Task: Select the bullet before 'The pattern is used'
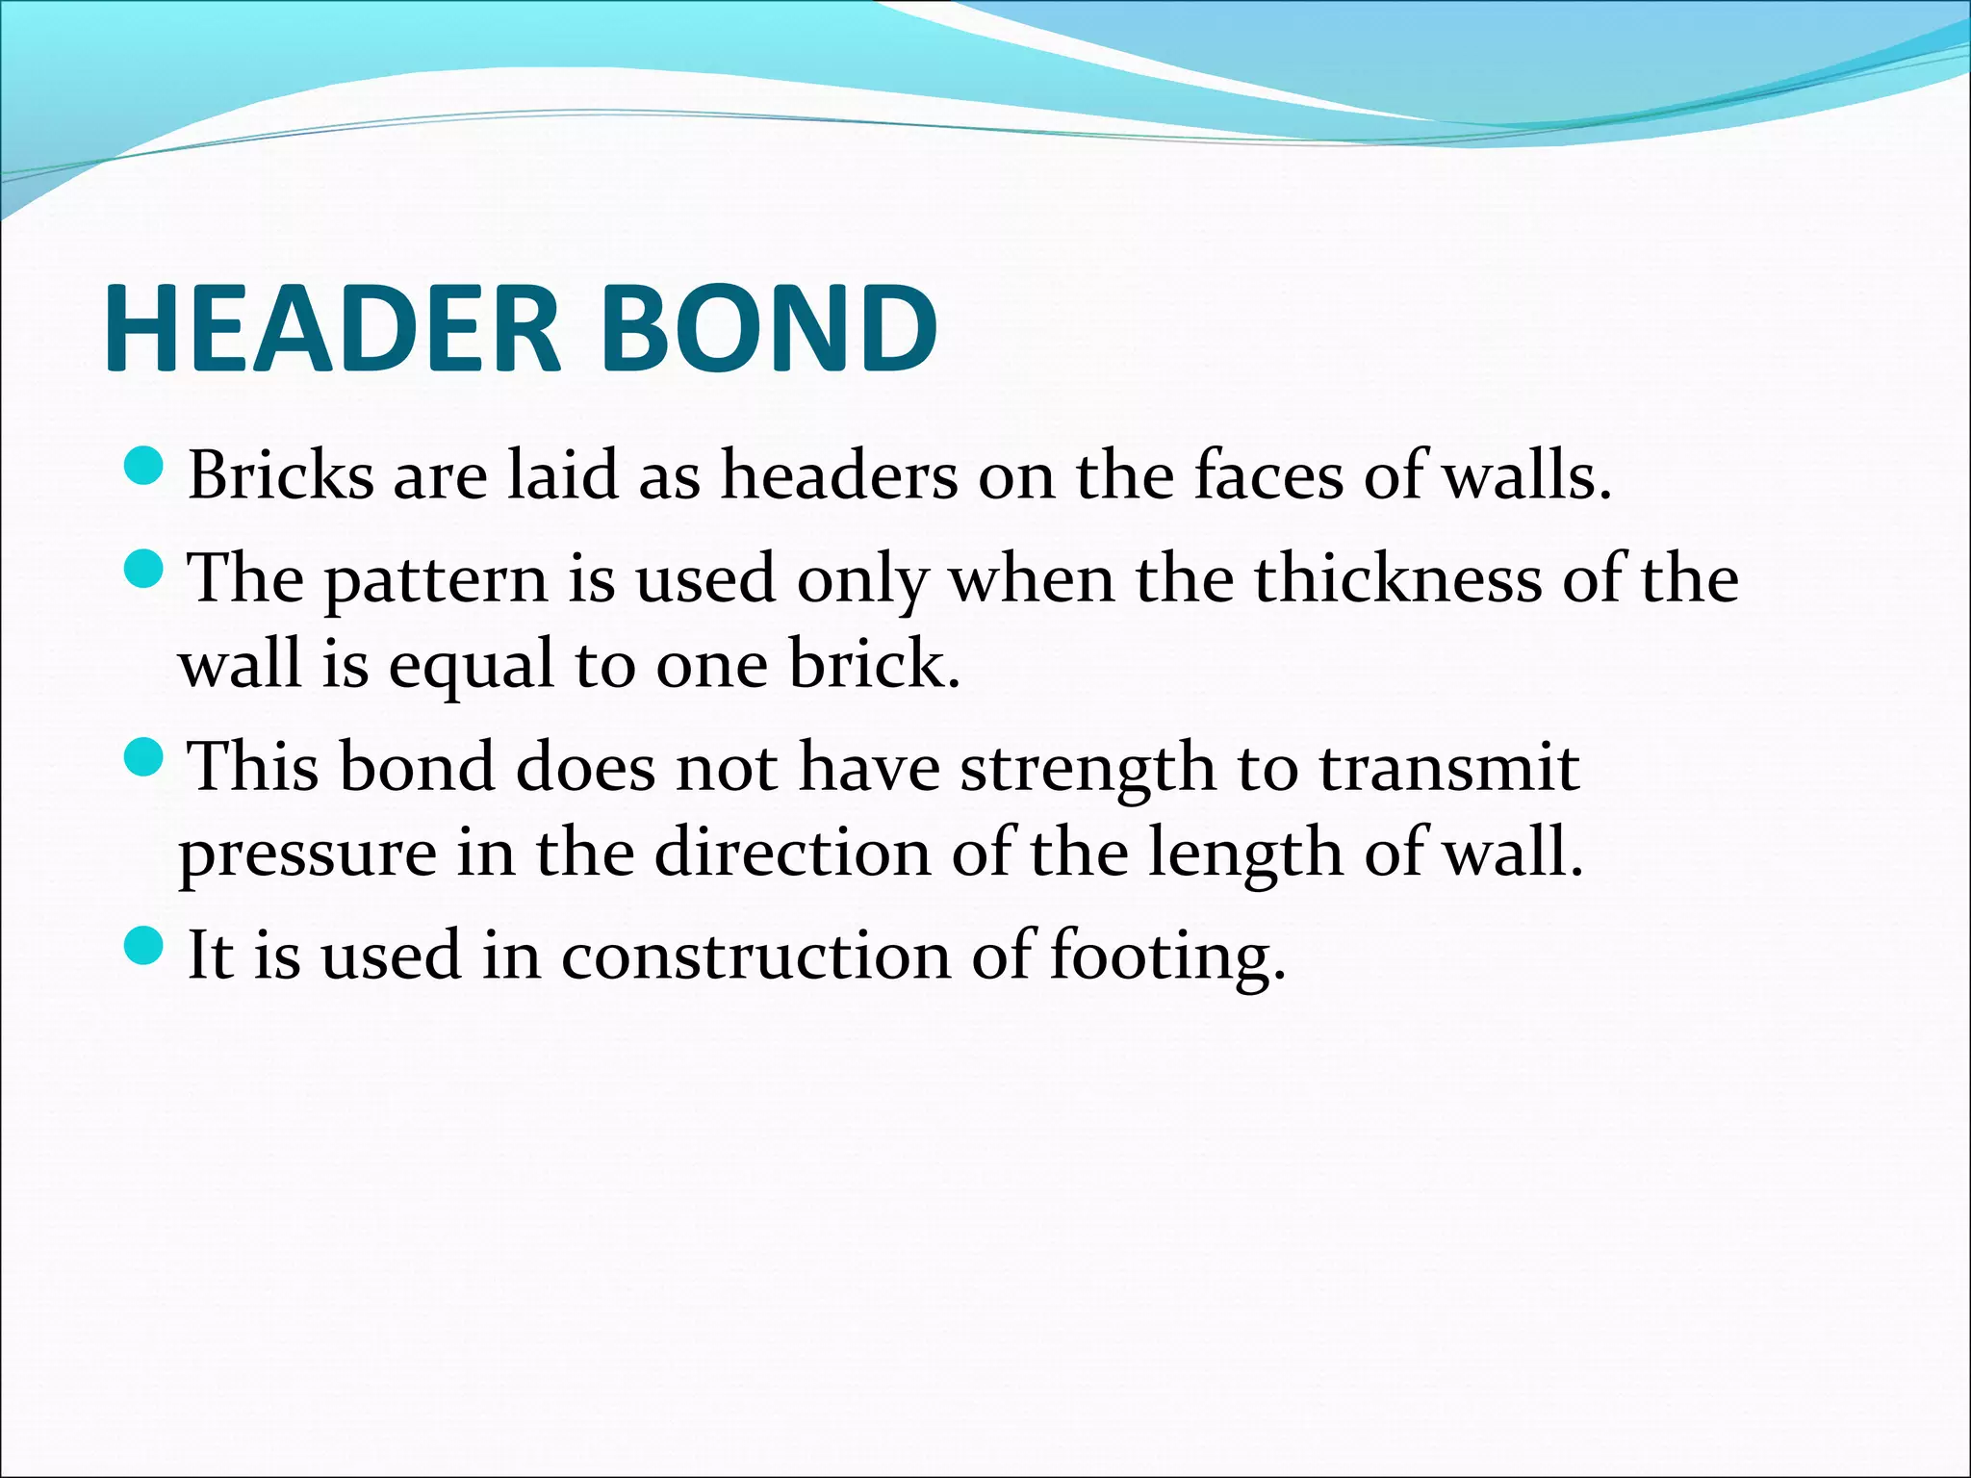click(145, 572)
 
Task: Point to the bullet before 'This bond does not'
click(145, 759)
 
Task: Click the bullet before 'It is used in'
click(145, 948)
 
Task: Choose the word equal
click(472, 666)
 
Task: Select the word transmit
click(1448, 768)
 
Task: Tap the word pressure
click(307, 854)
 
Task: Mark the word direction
click(793, 853)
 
